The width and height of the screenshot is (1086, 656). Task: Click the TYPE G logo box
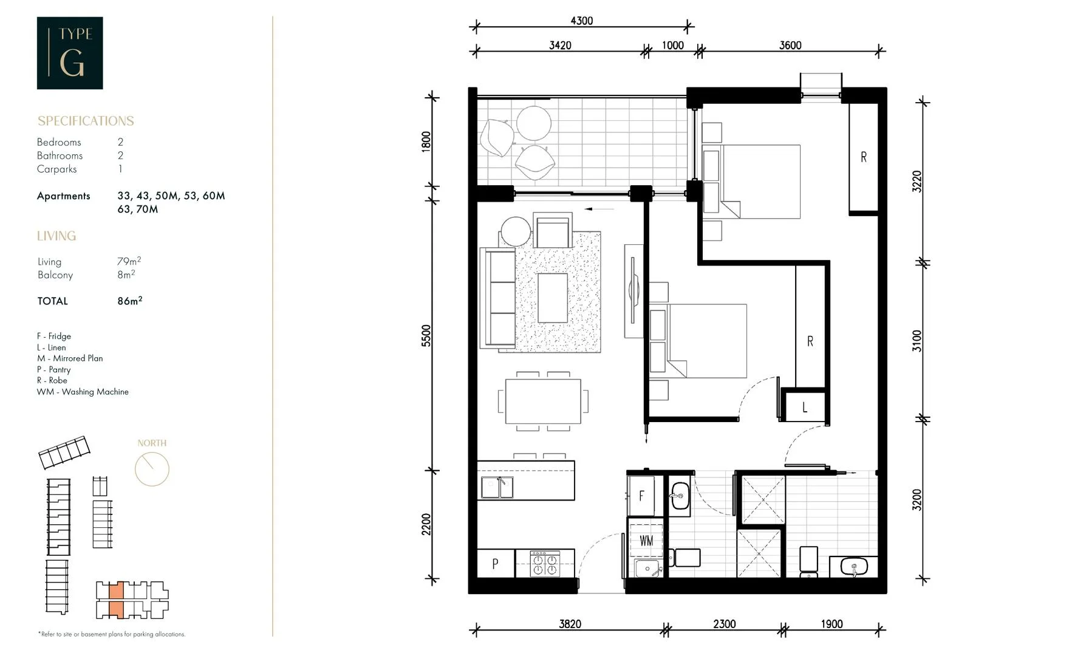70,53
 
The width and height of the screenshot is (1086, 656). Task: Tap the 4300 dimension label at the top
581,21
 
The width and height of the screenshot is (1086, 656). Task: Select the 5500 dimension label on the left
426,336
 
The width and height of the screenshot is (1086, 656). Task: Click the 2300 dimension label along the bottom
724,624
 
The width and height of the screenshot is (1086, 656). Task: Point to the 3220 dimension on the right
917,182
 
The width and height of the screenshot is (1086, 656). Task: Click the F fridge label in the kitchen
641,496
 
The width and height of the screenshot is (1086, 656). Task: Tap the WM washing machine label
646,541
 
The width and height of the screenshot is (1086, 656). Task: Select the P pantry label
495,564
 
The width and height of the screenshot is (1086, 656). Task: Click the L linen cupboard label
805,408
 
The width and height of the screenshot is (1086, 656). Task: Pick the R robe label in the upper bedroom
864,157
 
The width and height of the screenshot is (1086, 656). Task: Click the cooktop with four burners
545,563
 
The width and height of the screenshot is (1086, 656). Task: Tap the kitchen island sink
497,487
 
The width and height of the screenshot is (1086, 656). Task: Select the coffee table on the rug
552,298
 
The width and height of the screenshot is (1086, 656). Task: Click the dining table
542,401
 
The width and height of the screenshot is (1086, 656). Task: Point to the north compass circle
152,469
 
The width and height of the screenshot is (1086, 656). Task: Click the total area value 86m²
130,301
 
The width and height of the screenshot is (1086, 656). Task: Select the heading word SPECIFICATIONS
86,121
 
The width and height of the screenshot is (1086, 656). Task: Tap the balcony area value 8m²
126,275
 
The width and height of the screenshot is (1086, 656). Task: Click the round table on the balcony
534,123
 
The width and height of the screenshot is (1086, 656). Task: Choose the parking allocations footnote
112,634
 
